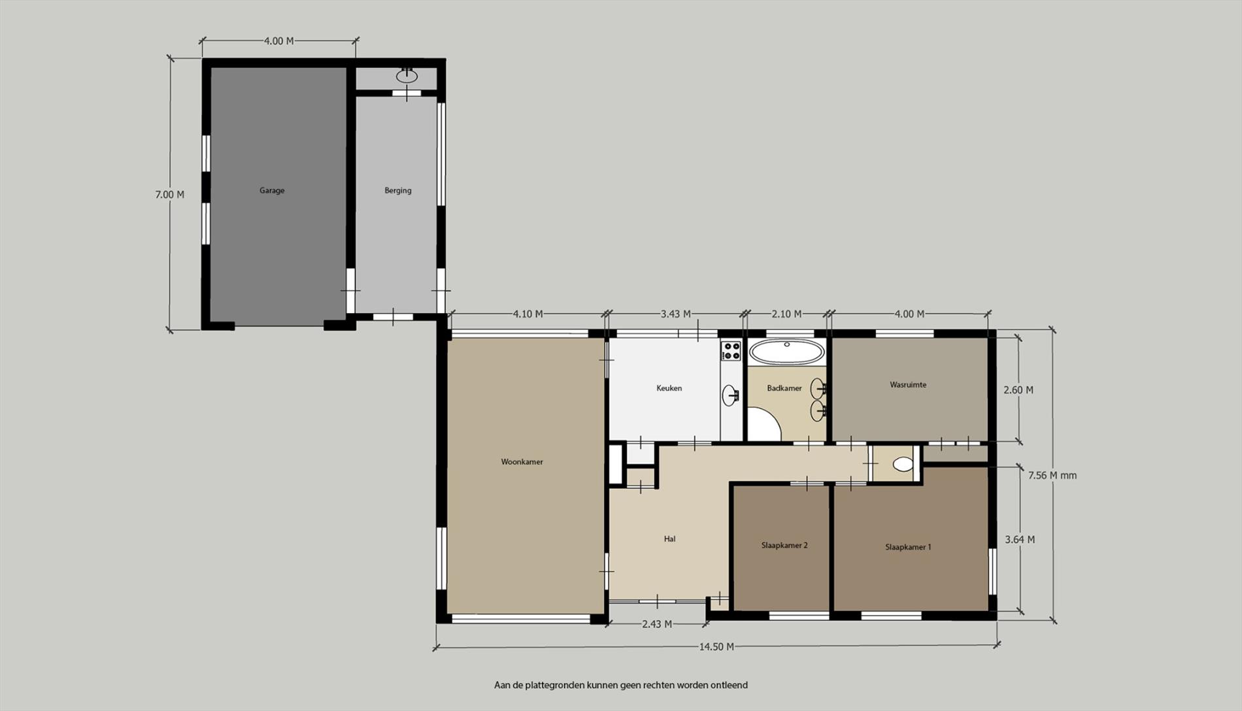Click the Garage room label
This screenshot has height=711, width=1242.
pos(272,191)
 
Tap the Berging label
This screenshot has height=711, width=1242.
pos(398,191)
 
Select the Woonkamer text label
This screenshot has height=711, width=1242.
pos(522,462)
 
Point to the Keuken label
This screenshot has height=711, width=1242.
pos(669,388)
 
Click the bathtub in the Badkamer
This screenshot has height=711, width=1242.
pos(787,352)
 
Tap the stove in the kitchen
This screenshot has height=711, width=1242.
pos(731,351)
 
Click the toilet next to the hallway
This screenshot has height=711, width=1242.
pos(903,464)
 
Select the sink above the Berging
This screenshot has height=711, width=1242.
pos(407,76)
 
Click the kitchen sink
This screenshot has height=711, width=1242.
pos(731,395)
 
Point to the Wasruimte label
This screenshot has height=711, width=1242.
pos(908,385)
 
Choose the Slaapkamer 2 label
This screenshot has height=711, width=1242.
pos(784,546)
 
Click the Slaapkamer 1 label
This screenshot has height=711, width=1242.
pos(908,548)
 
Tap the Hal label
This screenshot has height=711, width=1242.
pos(669,539)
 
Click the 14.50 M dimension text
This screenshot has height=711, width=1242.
pos(716,647)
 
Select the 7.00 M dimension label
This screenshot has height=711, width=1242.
pos(169,195)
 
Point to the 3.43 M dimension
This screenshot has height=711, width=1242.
pos(675,314)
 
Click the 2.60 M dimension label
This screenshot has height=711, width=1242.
pos(1018,390)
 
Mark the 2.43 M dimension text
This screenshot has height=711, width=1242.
pos(657,624)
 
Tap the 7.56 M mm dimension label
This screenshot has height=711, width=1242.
pos(1052,476)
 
